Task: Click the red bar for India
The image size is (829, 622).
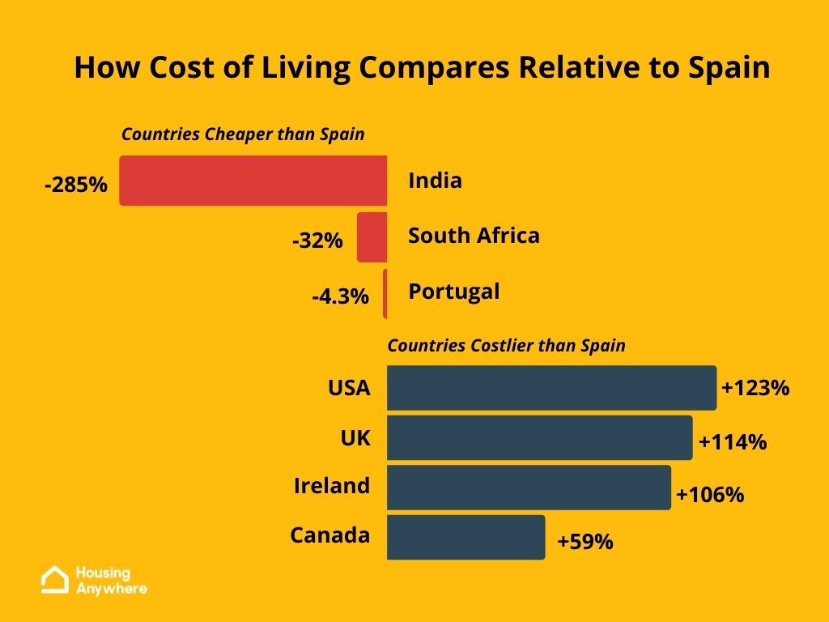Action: pos(253,181)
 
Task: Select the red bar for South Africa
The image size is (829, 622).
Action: pos(372,237)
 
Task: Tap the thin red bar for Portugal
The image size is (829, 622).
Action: pos(385,293)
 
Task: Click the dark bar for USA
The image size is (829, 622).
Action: pos(551,388)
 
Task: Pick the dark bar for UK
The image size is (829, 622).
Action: pos(539,437)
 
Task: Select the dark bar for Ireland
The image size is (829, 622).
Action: pos(529,488)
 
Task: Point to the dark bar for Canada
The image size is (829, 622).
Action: pos(466,537)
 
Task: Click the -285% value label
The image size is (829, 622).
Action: pos(76,185)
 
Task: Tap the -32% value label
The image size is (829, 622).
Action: pos(317,241)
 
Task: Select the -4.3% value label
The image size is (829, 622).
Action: pos(340,296)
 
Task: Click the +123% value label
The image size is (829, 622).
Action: pos(755,388)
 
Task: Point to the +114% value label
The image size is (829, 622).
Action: pos(732,442)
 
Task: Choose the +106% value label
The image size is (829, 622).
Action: pos(709,494)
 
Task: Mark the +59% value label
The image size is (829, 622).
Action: pos(585,541)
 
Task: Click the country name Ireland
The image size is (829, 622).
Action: pos(331,486)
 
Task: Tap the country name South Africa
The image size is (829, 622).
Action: pos(474,236)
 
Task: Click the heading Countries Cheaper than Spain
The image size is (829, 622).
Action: pos(243,134)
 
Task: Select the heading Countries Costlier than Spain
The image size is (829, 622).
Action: pos(506,346)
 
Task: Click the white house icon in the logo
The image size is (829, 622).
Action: pos(55,580)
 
